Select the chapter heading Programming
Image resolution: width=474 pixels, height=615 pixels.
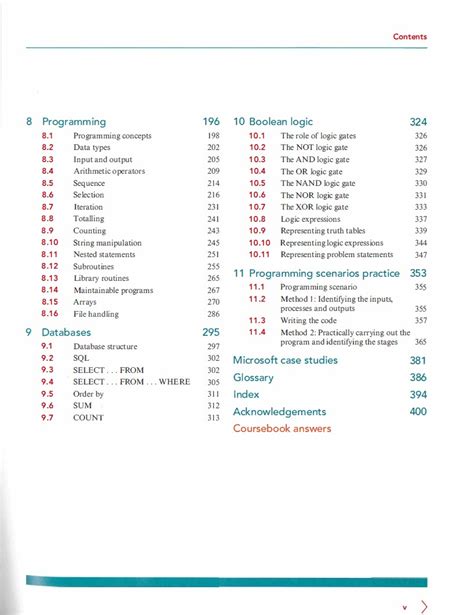pos(74,121)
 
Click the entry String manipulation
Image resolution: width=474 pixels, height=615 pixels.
pos(107,243)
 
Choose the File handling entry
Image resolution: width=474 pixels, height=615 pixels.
pos(97,314)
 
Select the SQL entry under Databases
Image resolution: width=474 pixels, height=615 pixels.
pos(81,357)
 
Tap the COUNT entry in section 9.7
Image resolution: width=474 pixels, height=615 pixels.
pos(88,418)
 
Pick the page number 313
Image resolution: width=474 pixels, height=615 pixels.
pos(213,418)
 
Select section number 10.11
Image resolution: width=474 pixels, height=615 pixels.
pos(259,255)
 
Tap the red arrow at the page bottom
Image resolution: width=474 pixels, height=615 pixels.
pos(425,605)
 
